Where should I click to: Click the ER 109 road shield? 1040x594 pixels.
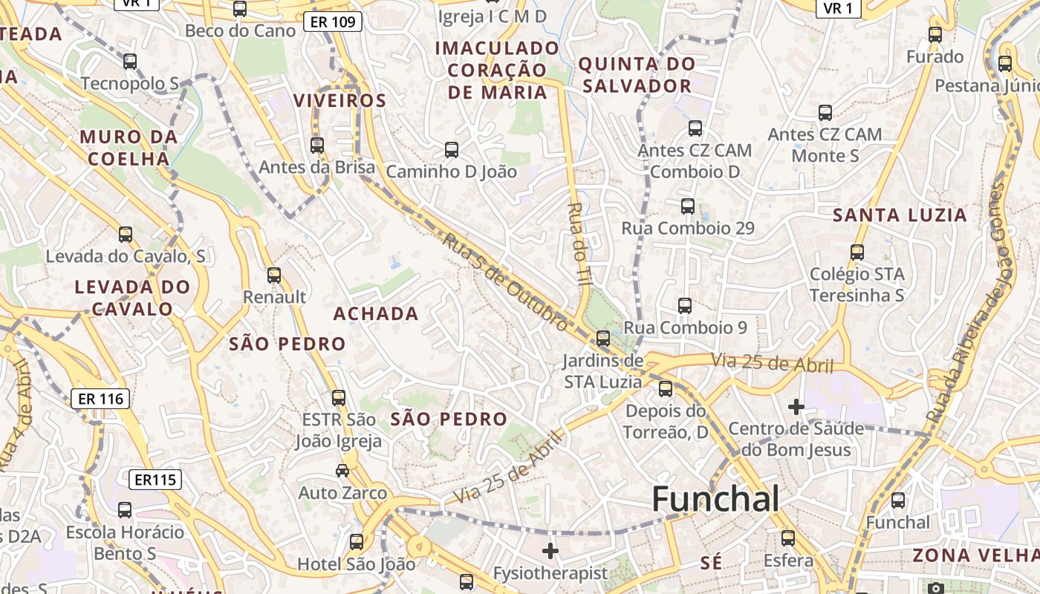click(332, 22)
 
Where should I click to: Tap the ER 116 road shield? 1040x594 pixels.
click(101, 399)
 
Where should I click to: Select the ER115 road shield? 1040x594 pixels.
click(156, 480)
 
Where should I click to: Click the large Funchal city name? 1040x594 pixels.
click(715, 500)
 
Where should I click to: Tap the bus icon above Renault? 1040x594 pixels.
click(274, 275)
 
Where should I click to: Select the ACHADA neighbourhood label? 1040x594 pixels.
click(376, 314)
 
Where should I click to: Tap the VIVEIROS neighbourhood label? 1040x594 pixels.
click(340, 101)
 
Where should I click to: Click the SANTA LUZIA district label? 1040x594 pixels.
click(900, 216)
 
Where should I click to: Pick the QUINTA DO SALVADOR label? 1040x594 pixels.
click(637, 75)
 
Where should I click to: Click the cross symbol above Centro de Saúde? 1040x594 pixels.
click(796, 407)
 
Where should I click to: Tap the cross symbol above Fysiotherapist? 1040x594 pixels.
click(550, 551)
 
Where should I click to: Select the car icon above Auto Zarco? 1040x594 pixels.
click(342, 471)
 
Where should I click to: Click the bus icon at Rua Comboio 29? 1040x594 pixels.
click(688, 206)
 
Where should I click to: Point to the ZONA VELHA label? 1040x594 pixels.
click(975, 555)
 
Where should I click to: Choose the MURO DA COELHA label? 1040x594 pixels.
click(129, 148)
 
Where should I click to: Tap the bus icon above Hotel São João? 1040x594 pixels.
click(357, 542)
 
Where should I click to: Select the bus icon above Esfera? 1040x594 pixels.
click(788, 538)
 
